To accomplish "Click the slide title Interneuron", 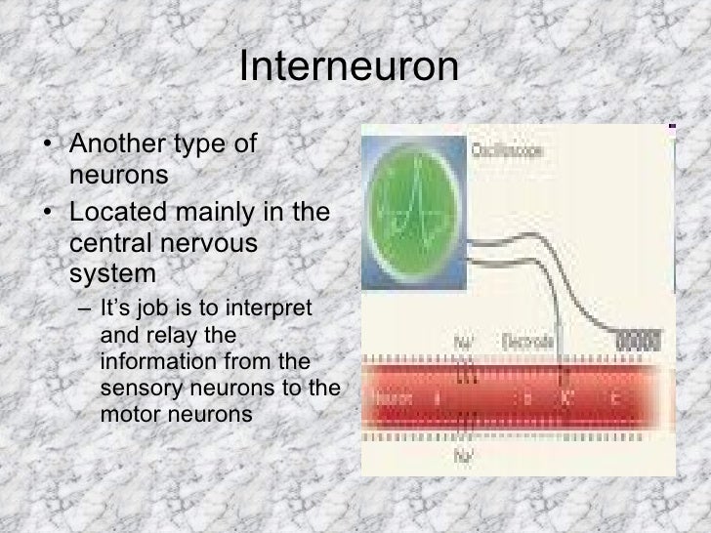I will (349, 68).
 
